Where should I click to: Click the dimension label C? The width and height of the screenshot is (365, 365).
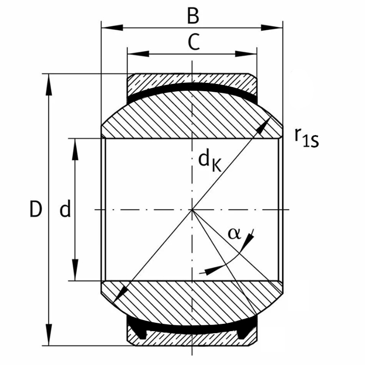[x=193, y=43]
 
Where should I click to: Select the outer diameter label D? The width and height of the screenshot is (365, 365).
[x=35, y=210]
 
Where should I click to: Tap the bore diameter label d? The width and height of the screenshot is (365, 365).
[x=65, y=210]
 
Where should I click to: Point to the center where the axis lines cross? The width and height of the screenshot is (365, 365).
[x=192, y=210]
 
